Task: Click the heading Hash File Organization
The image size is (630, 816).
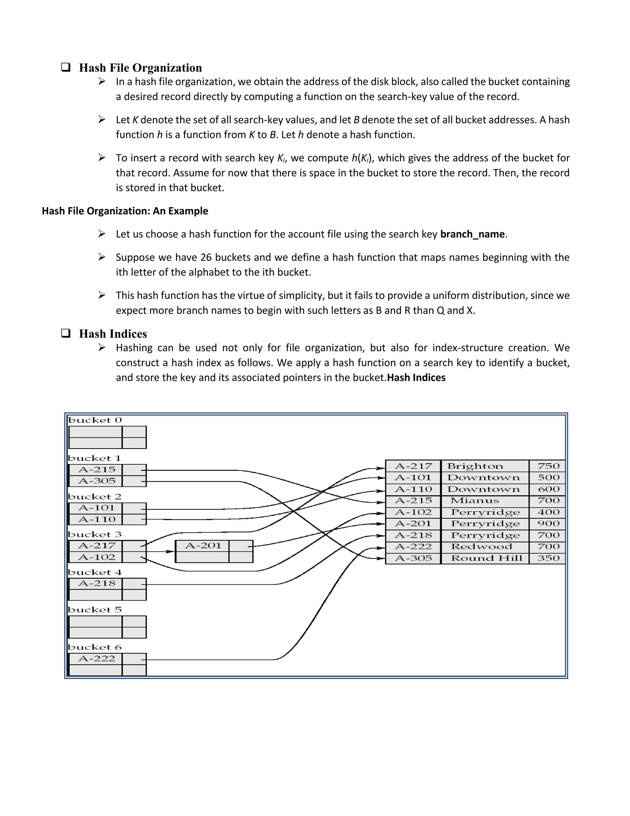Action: [x=140, y=68]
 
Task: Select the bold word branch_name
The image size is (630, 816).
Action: [x=472, y=234]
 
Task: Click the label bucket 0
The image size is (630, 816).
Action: [x=95, y=420]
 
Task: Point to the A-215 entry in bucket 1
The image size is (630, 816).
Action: [x=97, y=470]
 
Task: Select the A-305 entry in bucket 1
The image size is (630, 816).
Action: [x=97, y=481]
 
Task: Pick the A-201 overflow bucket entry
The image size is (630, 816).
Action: [x=203, y=546]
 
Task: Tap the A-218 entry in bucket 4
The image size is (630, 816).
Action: [x=97, y=583]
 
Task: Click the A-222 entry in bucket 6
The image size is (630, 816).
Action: [x=97, y=659]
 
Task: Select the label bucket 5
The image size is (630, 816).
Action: [x=95, y=610]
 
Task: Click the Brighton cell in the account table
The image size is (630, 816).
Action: [x=475, y=466]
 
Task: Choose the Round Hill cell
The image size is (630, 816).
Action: [x=486, y=558]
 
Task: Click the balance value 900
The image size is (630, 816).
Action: [x=548, y=523]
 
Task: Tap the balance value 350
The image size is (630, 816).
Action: [x=548, y=558]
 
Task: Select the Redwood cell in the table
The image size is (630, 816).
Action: [x=481, y=547]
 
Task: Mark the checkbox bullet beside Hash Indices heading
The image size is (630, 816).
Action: [x=66, y=333]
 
